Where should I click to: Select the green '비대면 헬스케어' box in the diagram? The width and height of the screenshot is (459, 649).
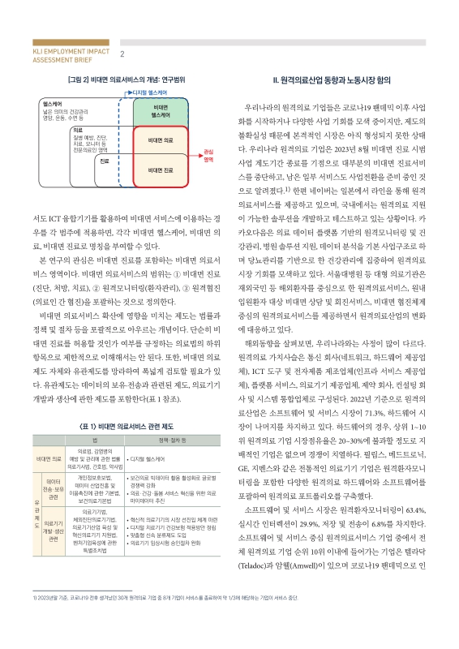click(x=160, y=112)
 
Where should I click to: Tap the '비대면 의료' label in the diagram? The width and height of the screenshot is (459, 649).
click(x=160, y=140)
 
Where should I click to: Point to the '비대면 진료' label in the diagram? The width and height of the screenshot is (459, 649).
click(x=160, y=170)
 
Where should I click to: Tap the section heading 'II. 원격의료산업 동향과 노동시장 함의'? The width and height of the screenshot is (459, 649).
click(x=332, y=82)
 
